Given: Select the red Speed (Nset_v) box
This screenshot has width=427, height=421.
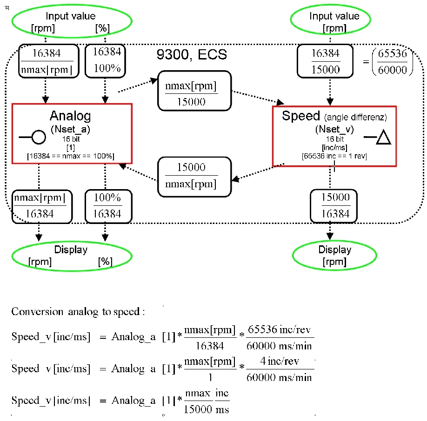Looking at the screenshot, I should click(334, 136).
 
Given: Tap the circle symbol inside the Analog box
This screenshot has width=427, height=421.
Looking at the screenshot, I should click(38, 137).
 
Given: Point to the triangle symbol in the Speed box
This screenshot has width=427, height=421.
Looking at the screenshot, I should click(384, 138).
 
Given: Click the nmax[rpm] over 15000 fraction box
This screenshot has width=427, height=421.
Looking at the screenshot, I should click(194, 91).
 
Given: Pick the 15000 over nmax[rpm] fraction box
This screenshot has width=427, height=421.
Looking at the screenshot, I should click(194, 175).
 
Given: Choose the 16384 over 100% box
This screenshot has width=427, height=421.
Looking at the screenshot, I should click(107, 61).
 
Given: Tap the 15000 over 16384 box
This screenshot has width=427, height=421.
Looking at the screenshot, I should click(335, 205).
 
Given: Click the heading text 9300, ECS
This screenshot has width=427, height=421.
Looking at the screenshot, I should click(193, 54).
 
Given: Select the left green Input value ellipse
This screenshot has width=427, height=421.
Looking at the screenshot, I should click(73, 21).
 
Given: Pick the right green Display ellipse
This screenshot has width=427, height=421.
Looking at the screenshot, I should click(334, 255).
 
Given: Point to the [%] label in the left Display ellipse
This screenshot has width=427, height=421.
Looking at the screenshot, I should click(105, 262).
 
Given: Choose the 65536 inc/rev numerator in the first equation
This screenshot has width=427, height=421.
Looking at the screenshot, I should click(280, 329).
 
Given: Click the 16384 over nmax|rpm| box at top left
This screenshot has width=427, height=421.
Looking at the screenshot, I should click(46, 61).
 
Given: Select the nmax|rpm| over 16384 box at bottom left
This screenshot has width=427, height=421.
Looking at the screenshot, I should click(42, 205).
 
